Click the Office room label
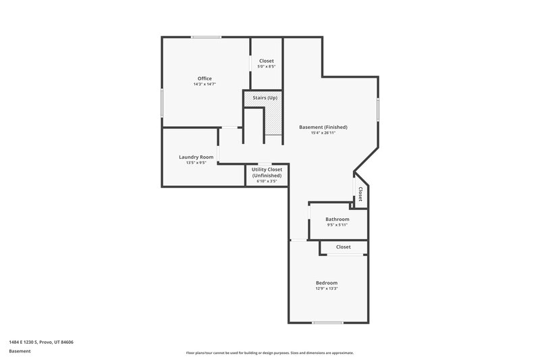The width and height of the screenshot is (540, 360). click(204, 78)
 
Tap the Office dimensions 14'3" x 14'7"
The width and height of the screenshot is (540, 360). click(204, 84)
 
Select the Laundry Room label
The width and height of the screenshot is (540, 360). click(196, 157)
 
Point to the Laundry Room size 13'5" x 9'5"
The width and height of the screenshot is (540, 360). click(196, 163)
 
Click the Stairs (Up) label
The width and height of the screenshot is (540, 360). click(265, 98)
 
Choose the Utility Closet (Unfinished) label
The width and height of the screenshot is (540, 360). click(267, 172)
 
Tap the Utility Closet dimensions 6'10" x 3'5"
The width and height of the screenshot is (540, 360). click(267, 181)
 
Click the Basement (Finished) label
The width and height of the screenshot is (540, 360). click(323, 127)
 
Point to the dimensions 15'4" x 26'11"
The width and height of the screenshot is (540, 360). click(323, 133)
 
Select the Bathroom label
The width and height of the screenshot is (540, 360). click(337, 219)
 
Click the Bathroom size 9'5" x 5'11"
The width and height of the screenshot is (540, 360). click(337, 225)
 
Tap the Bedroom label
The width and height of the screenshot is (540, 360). click(327, 282)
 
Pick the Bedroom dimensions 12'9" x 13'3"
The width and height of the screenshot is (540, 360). click(327, 288)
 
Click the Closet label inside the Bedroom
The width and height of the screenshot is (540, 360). click(343, 247)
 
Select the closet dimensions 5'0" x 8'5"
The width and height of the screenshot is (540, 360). click(267, 66)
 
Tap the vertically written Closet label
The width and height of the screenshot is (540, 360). click(360, 195)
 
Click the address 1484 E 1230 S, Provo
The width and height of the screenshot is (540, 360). click(41, 342)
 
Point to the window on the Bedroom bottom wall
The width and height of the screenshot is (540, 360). click(327, 322)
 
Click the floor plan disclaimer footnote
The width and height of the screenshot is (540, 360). click(269, 353)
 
